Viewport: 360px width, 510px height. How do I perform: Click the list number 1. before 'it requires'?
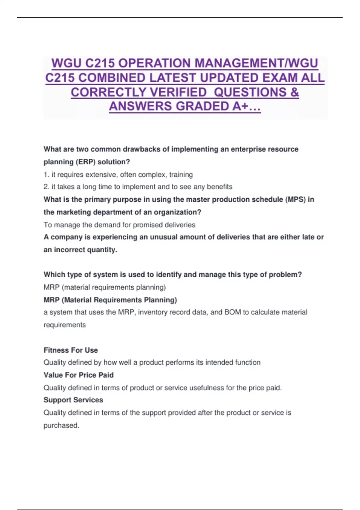point(46,175)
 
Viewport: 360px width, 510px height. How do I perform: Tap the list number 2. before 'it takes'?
point(46,187)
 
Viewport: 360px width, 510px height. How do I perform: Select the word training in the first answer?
point(181,175)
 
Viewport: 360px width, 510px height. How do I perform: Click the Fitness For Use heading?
point(71,350)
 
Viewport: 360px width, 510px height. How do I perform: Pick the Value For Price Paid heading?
point(79,375)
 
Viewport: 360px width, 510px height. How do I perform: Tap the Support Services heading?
point(73,400)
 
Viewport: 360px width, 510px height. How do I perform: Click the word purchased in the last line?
point(61,425)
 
